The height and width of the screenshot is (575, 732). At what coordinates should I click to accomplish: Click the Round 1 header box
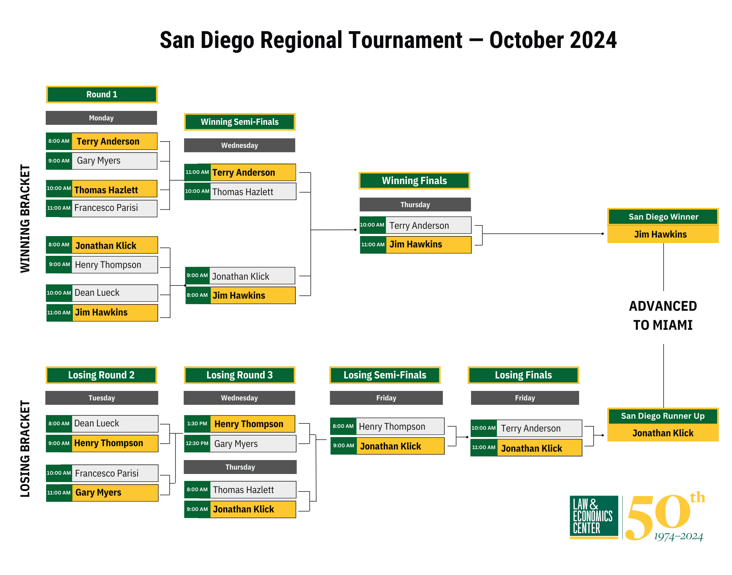[102, 94]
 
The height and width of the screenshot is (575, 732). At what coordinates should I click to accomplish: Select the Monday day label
[101, 118]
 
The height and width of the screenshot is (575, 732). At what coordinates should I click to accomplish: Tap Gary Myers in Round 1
[98, 161]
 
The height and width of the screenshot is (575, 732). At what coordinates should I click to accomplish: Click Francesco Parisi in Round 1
[106, 208]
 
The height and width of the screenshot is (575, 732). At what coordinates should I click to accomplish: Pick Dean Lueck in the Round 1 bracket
[97, 293]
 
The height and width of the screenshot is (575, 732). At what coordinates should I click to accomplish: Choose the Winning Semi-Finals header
[240, 122]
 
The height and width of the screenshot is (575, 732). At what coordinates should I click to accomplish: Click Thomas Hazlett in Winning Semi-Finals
[243, 192]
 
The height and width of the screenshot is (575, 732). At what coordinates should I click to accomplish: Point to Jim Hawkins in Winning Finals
[416, 244]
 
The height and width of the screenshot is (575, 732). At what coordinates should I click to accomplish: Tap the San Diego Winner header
[663, 217]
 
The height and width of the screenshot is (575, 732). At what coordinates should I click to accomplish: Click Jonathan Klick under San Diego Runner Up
[663, 433]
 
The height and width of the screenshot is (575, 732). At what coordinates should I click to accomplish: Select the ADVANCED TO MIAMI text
[663, 315]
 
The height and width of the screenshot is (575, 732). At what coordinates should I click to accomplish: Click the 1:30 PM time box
[197, 424]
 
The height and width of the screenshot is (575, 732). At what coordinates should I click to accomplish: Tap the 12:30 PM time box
[197, 444]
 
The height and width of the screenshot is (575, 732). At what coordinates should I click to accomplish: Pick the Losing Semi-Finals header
[385, 375]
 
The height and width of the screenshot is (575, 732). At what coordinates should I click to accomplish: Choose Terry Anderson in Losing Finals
[531, 428]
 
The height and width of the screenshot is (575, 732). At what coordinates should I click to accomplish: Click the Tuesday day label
[102, 398]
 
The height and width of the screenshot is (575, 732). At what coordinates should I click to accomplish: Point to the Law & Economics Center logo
[594, 517]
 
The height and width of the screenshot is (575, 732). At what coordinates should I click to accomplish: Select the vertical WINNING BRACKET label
[25, 219]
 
